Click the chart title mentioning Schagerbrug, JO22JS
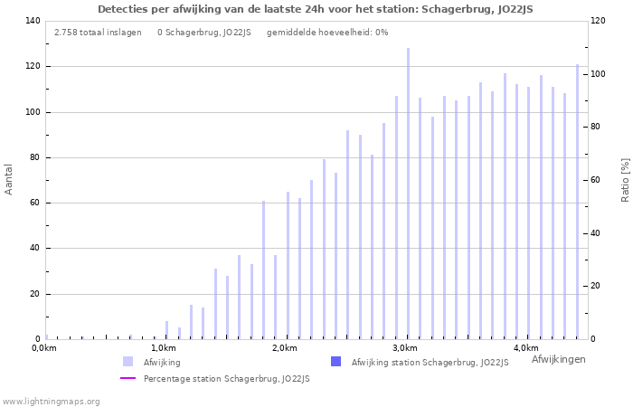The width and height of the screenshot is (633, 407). coord(316,9)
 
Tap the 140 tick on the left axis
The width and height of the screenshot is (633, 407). coord(33,21)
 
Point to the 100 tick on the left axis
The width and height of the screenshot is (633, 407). coord(33,112)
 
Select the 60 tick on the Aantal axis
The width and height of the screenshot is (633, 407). coord(35,203)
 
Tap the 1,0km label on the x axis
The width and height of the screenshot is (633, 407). coord(163,348)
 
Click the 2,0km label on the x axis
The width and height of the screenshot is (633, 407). coord(284,348)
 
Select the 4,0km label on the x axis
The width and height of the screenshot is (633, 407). coord(525,348)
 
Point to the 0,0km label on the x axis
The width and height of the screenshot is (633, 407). coord(44,348)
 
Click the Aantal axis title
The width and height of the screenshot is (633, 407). coord(9,179)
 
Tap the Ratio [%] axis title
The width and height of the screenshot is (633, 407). coord(625,179)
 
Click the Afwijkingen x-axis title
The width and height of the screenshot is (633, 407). coord(558,359)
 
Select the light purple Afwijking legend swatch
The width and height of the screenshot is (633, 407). coord(128,362)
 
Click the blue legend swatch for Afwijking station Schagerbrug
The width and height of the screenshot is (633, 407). coord(336,362)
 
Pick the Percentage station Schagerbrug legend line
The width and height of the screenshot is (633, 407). coord(128,379)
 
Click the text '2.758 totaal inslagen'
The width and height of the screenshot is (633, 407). coord(98,33)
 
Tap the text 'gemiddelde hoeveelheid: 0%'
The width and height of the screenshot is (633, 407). coord(327,33)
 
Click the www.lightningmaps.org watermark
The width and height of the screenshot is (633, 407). coord(52,401)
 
